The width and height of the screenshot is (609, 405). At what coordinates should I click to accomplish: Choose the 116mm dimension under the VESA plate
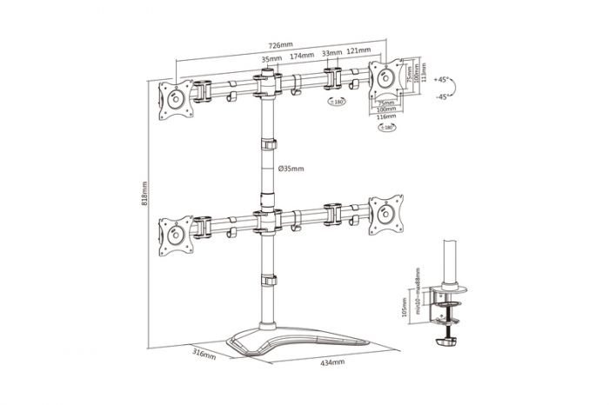(x=385, y=116)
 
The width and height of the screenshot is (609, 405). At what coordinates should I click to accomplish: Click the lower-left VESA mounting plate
(x=174, y=237)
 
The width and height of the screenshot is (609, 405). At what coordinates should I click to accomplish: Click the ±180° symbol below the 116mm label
(x=383, y=129)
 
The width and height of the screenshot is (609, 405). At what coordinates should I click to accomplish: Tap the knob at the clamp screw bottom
(x=449, y=339)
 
